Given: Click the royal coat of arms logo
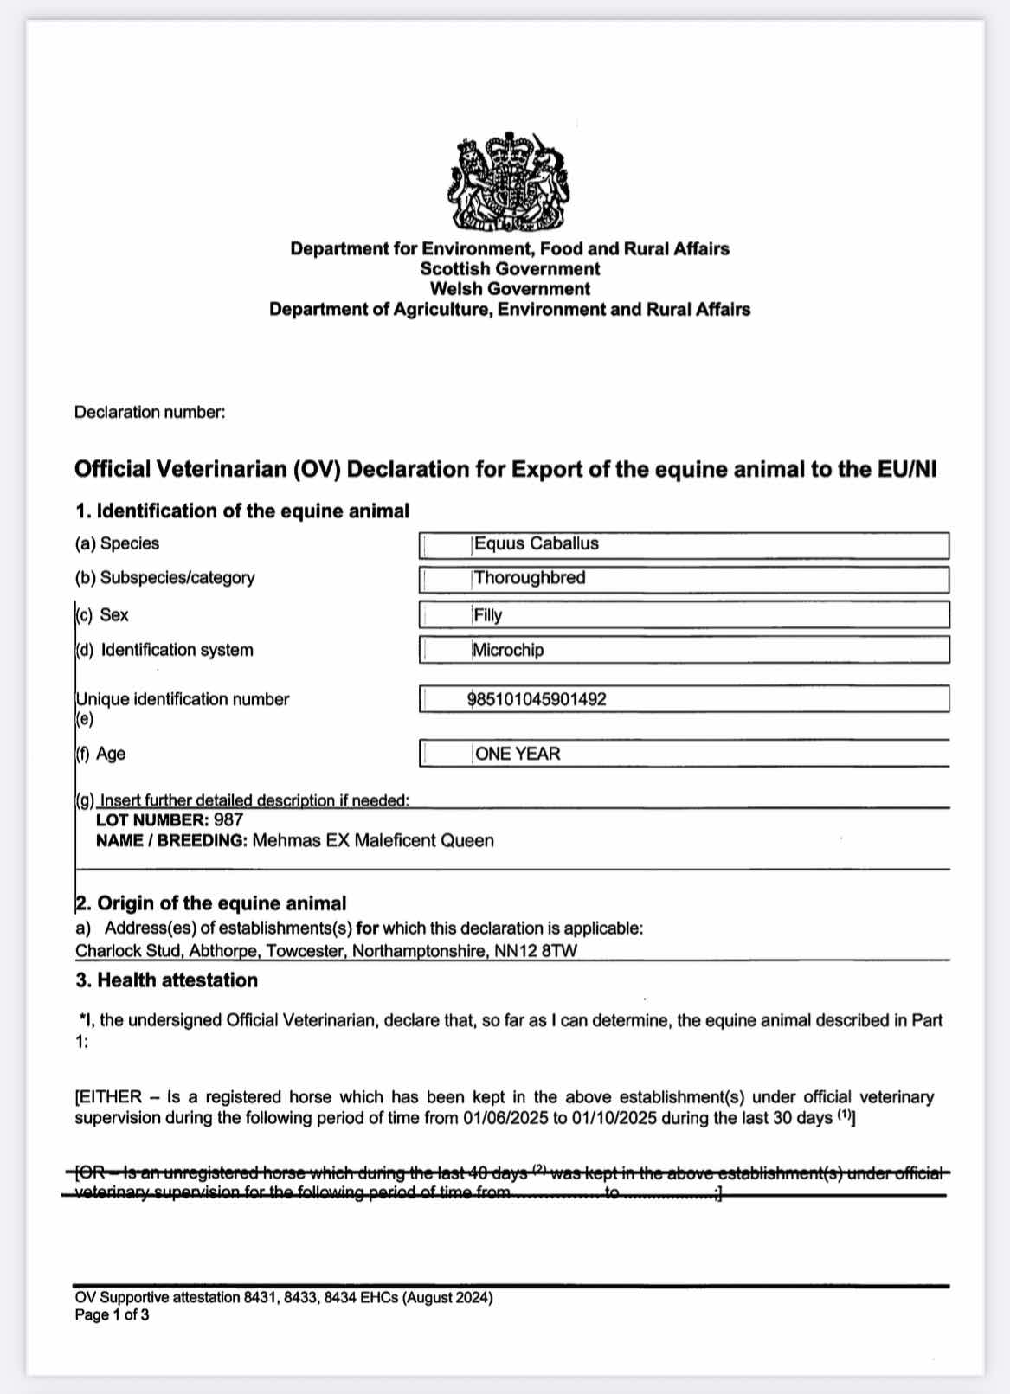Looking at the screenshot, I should click(509, 183).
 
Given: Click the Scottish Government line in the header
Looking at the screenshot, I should click(510, 269).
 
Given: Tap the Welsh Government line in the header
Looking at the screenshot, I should click(510, 289).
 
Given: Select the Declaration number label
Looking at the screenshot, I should click(150, 413).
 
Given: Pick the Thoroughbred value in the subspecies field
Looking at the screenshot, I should click(529, 578).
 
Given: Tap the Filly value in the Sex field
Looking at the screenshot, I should click(488, 615).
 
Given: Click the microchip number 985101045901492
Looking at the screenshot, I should click(537, 699).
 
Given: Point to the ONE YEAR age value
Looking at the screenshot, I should click(518, 754).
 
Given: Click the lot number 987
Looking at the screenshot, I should click(228, 819).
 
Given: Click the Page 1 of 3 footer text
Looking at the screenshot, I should click(112, 1315).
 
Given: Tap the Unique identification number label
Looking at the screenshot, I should click(183, 699).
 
